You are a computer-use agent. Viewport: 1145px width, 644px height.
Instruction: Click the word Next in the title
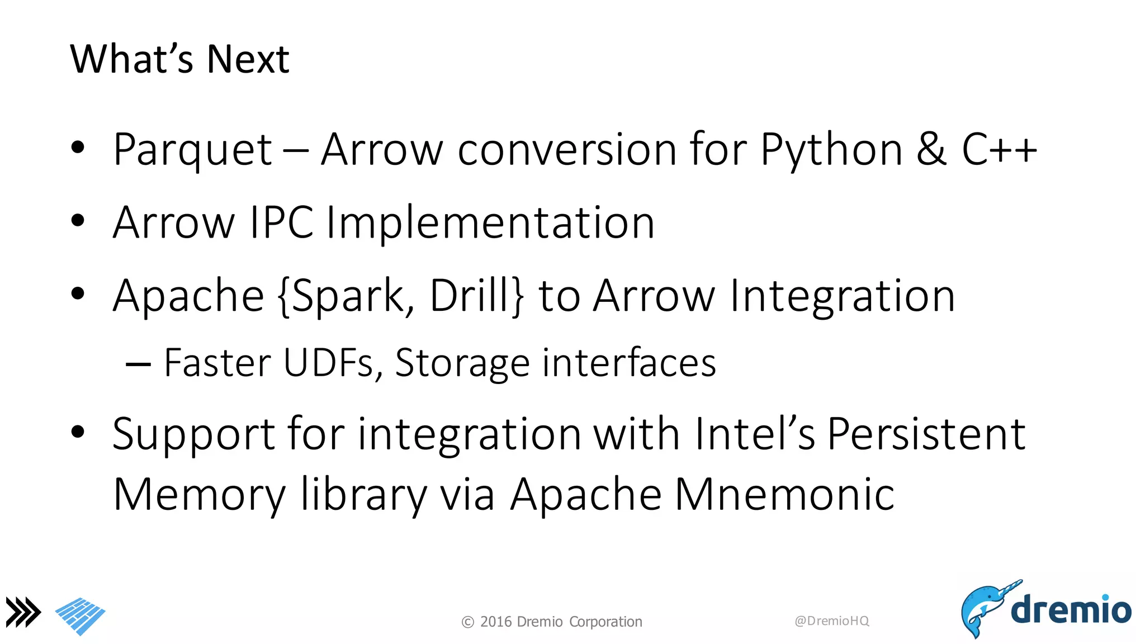click(x=248, y=59)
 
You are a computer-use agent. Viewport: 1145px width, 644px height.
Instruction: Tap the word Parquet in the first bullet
click(x=192, y=150)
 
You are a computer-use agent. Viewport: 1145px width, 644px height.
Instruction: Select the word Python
click(x=831, y=150)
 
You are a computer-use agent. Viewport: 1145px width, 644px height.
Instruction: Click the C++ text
click(x=999, y=149)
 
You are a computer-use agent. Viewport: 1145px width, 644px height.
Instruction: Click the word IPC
click(x=281, y=222)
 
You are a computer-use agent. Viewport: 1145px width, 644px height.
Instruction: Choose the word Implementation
click(x=490, y=222)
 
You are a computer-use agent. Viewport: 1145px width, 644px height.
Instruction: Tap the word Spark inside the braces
click(x=347, y=296)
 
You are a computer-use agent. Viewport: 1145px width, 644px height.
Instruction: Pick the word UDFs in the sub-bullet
click(x=328, y=363)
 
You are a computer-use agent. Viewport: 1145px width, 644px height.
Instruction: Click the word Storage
click(x=462, y=364)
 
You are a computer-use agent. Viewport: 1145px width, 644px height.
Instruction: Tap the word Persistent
click(x=926, y=434)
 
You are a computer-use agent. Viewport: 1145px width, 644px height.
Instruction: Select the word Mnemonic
click(x=784, y=494)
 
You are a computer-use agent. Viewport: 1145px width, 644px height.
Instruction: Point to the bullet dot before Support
click(x=78, y=432)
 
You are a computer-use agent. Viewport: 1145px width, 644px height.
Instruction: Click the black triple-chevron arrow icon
click(x=23, y=612)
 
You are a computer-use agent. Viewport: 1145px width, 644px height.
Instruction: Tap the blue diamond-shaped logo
click(x=81, y=616)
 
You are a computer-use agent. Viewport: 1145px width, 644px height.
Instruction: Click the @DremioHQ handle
click(x=831, y=621)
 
